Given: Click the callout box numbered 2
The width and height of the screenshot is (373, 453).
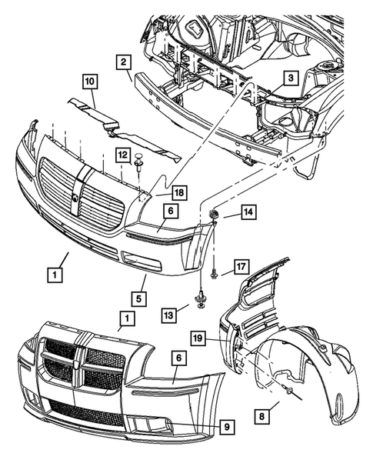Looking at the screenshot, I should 123,62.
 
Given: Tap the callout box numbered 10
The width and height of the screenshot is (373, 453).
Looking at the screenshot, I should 90,80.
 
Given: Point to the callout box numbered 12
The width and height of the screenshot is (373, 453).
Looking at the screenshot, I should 123,155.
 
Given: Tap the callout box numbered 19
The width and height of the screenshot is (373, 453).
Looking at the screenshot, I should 198,337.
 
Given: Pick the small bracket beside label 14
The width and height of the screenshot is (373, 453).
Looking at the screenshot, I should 214,215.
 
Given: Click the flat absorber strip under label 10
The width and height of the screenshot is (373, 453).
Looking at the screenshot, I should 123,128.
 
